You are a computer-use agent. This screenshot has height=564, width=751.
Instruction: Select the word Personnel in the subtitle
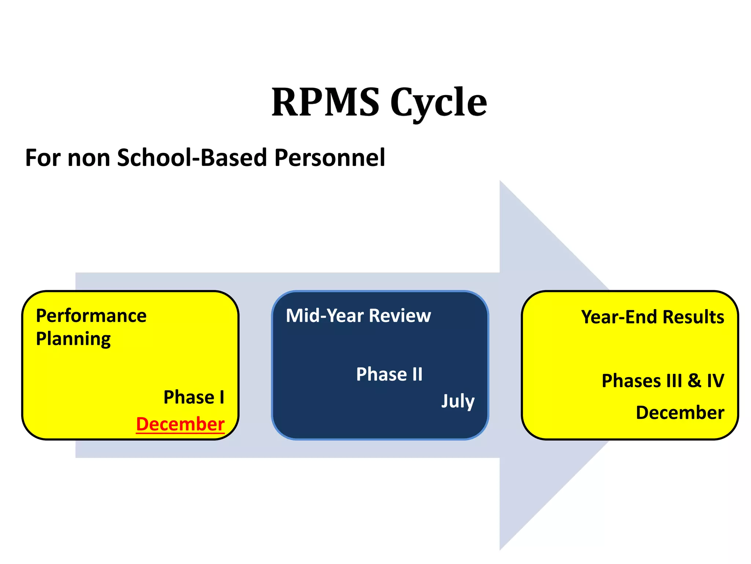[330, 158]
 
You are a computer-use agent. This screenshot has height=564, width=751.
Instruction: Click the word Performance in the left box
[91, 316]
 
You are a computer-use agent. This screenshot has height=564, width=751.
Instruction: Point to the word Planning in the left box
[73, 339]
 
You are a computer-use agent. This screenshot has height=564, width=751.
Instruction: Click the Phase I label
[194, 397]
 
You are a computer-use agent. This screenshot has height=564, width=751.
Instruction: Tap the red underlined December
[180, 424]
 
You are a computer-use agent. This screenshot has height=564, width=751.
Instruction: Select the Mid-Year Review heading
[358, 316]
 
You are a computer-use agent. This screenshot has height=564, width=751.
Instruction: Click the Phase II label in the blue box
[389, 375]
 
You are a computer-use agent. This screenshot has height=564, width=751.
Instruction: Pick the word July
[458, 401]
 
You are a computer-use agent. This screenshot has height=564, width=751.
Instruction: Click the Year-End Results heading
[652, 317]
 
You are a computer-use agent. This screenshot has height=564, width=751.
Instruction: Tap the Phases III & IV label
[663, 381]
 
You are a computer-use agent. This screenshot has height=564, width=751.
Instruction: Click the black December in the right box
[680, 413]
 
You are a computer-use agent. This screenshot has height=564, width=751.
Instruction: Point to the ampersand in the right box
[694, 381]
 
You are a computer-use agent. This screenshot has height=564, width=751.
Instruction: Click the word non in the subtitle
[89, 158]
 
